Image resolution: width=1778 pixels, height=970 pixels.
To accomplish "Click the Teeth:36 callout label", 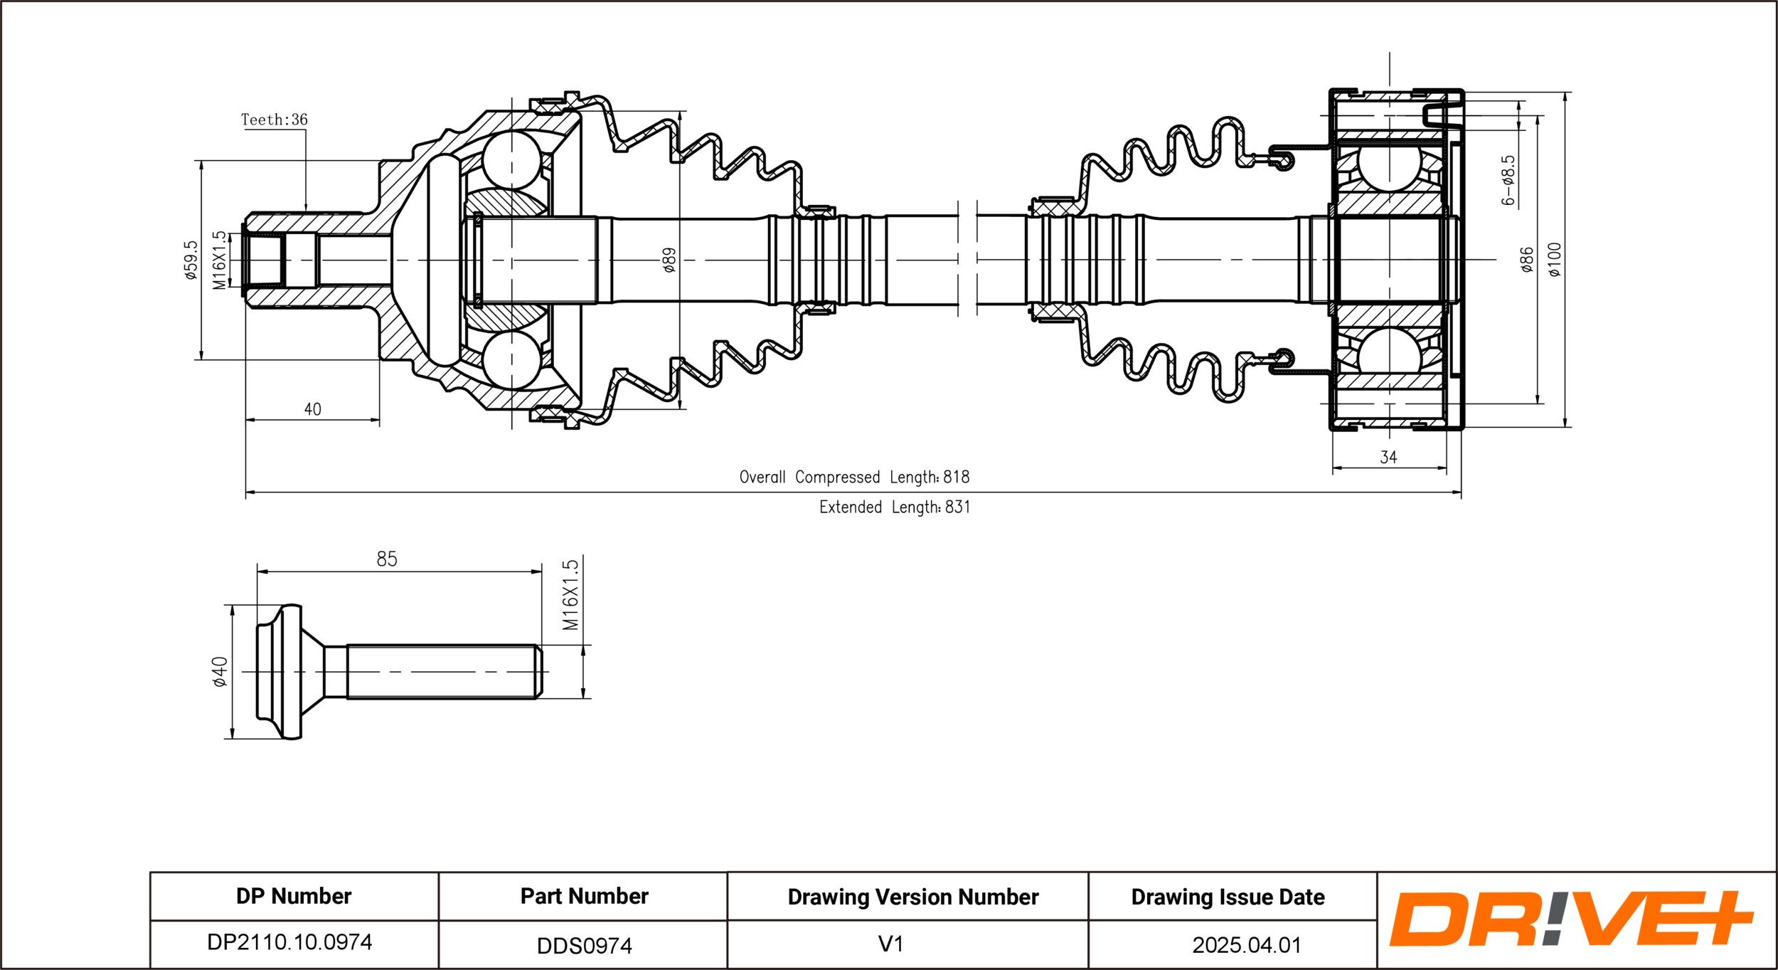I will tap(274, 120).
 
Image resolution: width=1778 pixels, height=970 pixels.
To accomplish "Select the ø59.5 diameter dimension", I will tap(190, 260).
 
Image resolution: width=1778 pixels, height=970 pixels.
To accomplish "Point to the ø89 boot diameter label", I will tap(669, 260).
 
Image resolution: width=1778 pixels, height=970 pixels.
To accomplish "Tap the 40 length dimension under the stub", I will tap(312, 409).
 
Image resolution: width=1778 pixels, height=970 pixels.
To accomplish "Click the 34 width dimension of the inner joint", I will tap(1388, 457).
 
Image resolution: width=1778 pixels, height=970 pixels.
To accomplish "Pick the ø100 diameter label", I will tap(1555, 260).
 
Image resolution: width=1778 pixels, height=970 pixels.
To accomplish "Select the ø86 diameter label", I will tap(1526, 260).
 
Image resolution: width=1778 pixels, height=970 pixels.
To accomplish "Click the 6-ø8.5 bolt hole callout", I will tap(1508, 181).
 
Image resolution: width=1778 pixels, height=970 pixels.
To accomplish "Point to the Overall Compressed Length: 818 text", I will tap(854, 477).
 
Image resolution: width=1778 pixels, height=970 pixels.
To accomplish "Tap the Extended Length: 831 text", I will tap(894, 507).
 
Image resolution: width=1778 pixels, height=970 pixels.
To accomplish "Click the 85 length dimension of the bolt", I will tap(386, 559).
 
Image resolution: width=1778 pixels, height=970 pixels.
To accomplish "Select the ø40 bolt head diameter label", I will tap(220, 672).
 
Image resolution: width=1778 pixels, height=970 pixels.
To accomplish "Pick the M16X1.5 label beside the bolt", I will tap(570, 595).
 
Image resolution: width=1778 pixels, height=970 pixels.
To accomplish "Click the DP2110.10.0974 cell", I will tap(289, 942).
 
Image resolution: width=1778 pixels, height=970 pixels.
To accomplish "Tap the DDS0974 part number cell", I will tap(584, 945).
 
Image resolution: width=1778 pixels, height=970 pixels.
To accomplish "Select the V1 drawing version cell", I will tap(890, 944).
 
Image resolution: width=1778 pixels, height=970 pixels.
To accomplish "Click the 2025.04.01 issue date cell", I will tap(1246, 945).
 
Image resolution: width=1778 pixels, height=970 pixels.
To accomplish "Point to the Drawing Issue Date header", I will tap(1228, 897).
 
